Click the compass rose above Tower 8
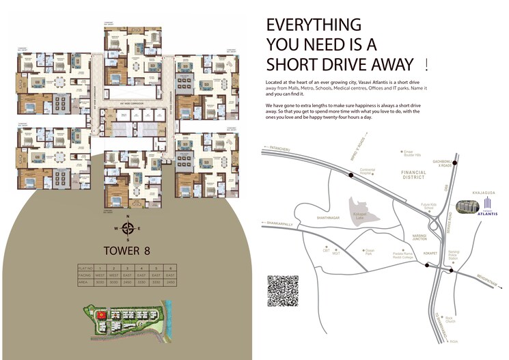point(128,228)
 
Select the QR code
point(283,290)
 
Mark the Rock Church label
point(450,320)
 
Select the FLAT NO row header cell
point(85,267)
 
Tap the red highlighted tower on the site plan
point(100,315)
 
